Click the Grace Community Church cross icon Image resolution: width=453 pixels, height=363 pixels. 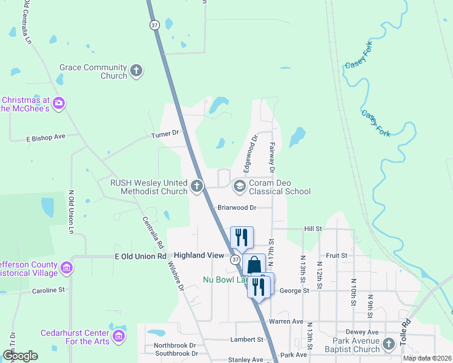[136, 71]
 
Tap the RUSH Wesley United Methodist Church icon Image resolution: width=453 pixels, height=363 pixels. [196, 186]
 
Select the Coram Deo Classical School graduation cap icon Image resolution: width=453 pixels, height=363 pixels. [239, 186]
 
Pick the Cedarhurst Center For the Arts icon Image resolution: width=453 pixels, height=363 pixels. [119, 336]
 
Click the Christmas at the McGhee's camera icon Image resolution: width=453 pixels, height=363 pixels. [58, 103]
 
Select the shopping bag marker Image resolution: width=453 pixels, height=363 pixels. [255, 265]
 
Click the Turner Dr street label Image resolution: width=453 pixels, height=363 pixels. [167, 133]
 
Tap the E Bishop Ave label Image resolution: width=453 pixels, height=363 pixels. [45, 137]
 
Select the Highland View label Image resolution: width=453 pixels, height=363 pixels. [199, 256]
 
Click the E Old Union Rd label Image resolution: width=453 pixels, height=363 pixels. [141, 257]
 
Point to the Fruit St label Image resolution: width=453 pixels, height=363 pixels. [336, 256]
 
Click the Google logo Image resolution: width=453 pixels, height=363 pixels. [21, 356]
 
